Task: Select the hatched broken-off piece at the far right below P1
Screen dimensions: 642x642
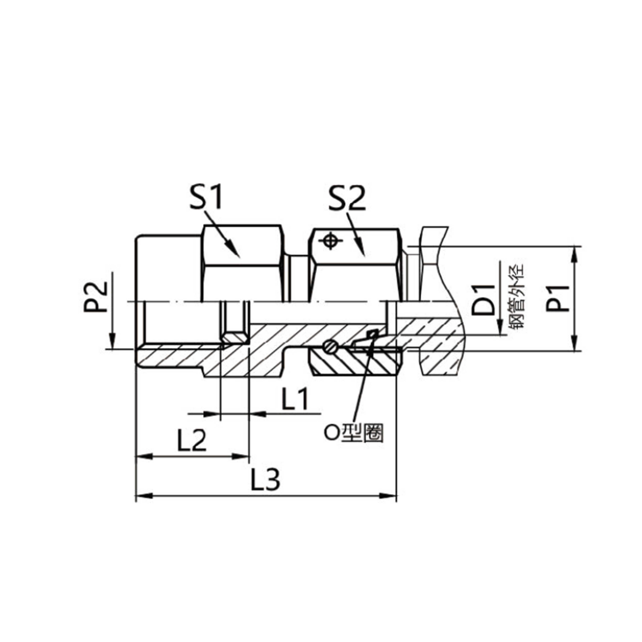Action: (442, 362)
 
